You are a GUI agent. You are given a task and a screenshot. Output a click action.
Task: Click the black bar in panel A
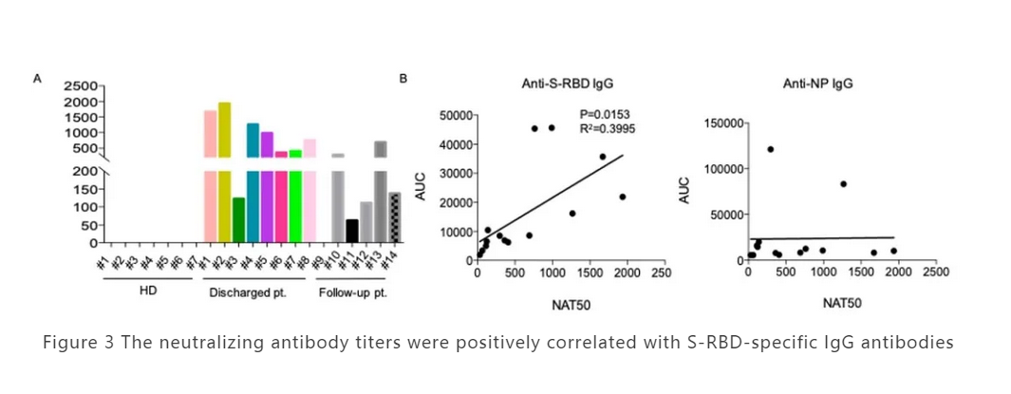pos(352,232)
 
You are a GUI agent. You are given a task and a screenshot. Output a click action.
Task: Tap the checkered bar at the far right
pos(395,218)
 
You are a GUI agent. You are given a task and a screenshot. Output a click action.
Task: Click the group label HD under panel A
pos(148,291)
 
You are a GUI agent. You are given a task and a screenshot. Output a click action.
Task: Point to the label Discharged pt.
pos(248,291)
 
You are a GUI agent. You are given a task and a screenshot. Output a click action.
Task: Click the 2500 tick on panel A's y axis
pos(80,86)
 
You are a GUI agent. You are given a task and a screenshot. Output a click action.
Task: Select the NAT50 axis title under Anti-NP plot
pos(842,303)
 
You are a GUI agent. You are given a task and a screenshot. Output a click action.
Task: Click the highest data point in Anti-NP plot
pos(770,149)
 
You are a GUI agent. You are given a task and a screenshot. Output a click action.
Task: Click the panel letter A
pos(38,79)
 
